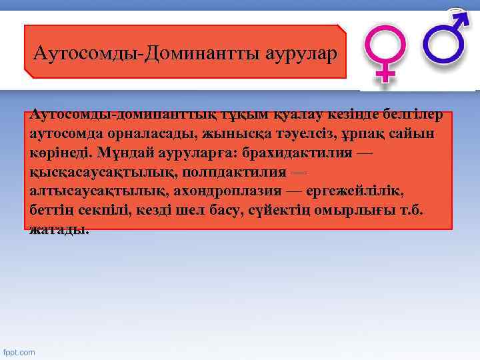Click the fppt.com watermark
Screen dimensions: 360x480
tap(19, 351)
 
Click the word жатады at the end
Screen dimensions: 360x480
tap(58, 230)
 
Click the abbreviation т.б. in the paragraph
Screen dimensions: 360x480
tap(419, 211)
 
